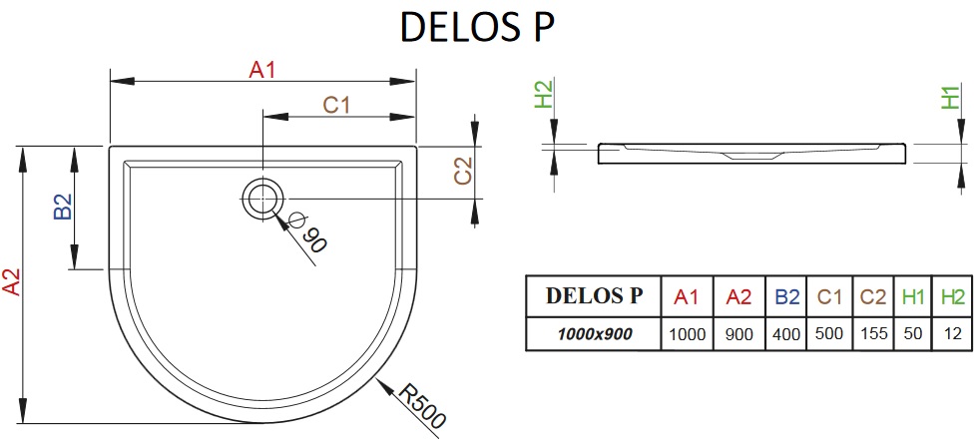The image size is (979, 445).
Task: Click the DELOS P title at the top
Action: [478, 28]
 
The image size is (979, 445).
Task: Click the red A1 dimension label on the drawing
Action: [261, 70]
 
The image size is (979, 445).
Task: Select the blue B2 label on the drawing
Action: [63, 207]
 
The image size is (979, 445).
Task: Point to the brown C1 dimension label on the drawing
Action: [336, 106]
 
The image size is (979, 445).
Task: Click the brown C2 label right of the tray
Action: [463, 171]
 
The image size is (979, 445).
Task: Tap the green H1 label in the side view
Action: [949, 98]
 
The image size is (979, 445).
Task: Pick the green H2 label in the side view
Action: [545, 94]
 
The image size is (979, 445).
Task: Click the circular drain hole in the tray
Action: [262, 199]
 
